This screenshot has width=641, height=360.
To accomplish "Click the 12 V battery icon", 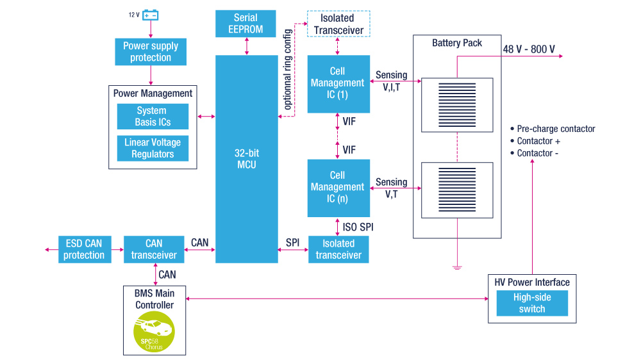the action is [x=151, y=15].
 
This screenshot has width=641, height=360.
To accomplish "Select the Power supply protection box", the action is [x=151, y=51].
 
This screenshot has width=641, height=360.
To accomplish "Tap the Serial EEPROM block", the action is [x=246, y=24].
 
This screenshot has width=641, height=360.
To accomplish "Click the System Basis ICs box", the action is [x=153, y=117].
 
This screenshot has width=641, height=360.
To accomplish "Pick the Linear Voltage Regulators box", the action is [x=153, y=149].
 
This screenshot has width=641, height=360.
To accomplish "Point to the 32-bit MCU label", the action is [x=247, y=159].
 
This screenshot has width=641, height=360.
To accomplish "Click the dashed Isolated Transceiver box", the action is [x=338, y=24].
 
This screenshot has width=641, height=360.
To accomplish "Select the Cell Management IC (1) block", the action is [x=338, y=84].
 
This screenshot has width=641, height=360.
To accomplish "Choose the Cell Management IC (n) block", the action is [x=338, y=188].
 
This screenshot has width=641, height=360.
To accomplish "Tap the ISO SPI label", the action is [x=358, y=227].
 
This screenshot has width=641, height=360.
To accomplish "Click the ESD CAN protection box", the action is [x=85, y=249].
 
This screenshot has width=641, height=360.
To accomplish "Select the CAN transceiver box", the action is [x=154, y=249].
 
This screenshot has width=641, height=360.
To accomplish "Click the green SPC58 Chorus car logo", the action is [x=154, y=332].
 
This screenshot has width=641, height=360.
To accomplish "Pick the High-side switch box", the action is [x=532, y=303].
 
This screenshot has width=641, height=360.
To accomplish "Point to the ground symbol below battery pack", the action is [x=457, y=268].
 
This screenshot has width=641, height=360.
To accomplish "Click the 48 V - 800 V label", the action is [x=529, y=49].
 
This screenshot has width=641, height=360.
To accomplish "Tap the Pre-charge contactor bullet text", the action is [x=553, y=129].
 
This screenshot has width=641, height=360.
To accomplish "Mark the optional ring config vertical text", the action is [x=288, y=69].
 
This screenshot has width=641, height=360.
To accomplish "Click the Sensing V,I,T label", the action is [x=391, y=81].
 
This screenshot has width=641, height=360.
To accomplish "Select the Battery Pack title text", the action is [x=457, y=43].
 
